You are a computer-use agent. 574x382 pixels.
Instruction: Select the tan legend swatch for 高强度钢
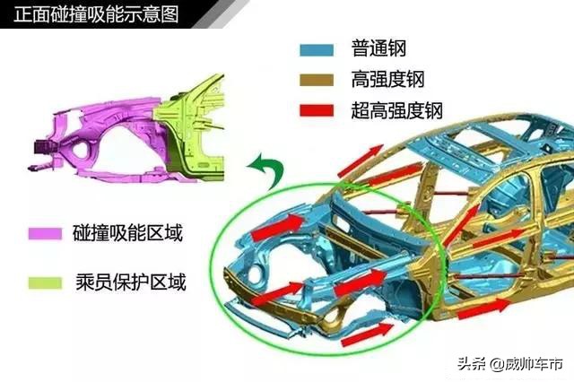pyautogui.click(x=316, y=79)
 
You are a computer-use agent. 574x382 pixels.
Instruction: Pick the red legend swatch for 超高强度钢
pyautogui.click(x=316, y=110)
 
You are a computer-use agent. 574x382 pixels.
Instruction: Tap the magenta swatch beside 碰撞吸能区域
pyautogui.click(x=43, y=235)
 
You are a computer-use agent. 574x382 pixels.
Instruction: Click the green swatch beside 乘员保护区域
pyautogui.click(x=43, y=283)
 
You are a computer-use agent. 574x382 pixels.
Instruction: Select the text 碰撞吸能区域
pyautogui.click(x=127, y=235)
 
